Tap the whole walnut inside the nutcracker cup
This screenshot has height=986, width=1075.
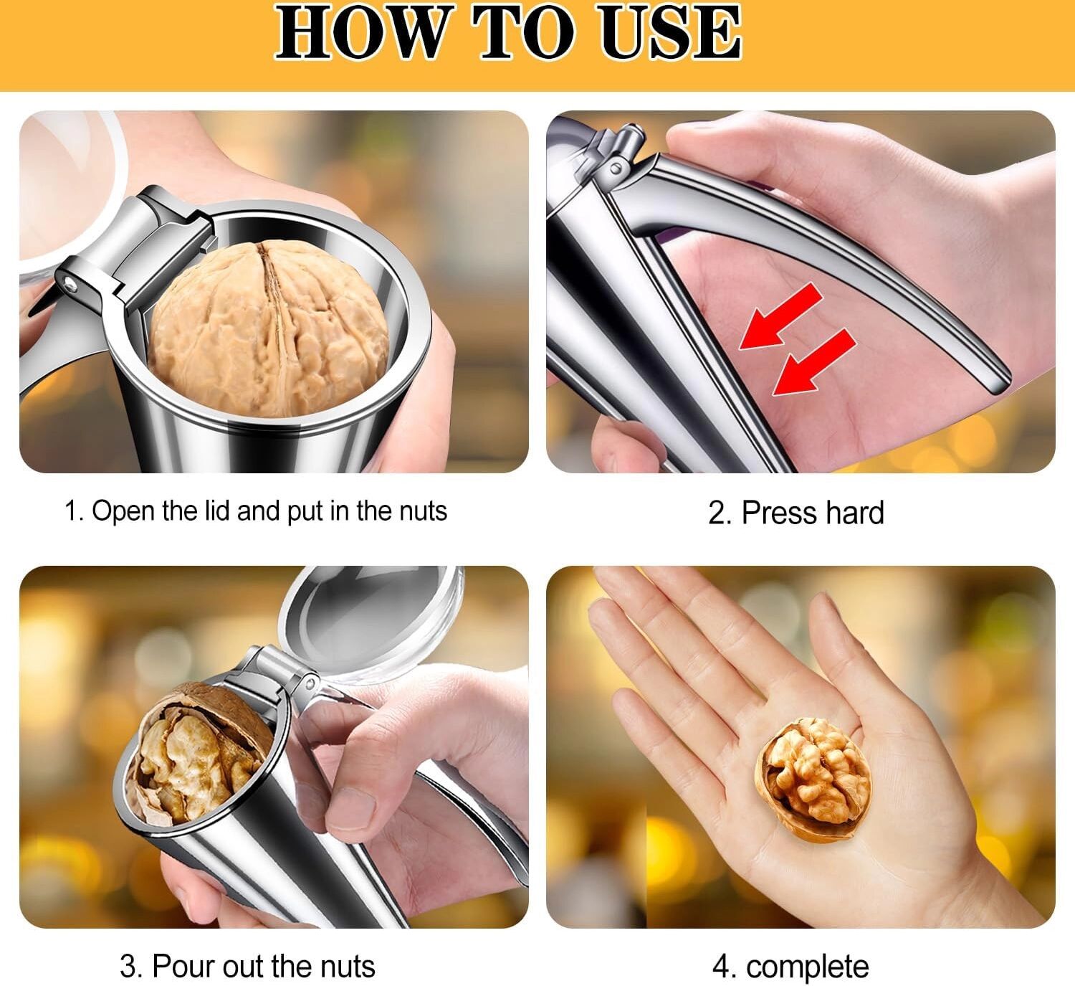pyautogui.click(x=269, y=328)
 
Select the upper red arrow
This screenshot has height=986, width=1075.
pyautogui.click(x=780, y=316)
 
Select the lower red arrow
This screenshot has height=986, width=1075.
pyautogui.click(x=813, y=361)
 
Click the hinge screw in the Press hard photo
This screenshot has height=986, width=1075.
pyautogui.click(x=616, y=169)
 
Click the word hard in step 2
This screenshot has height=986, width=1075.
pyautogui.click(x=855, y=513)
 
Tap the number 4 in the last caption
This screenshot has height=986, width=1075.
pyautogui.click(x=721, y=967)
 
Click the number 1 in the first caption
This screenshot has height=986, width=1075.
pyautogui.click(x=71, y=511)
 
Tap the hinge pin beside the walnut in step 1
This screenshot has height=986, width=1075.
pyautogui.click(x=69, y=283)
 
